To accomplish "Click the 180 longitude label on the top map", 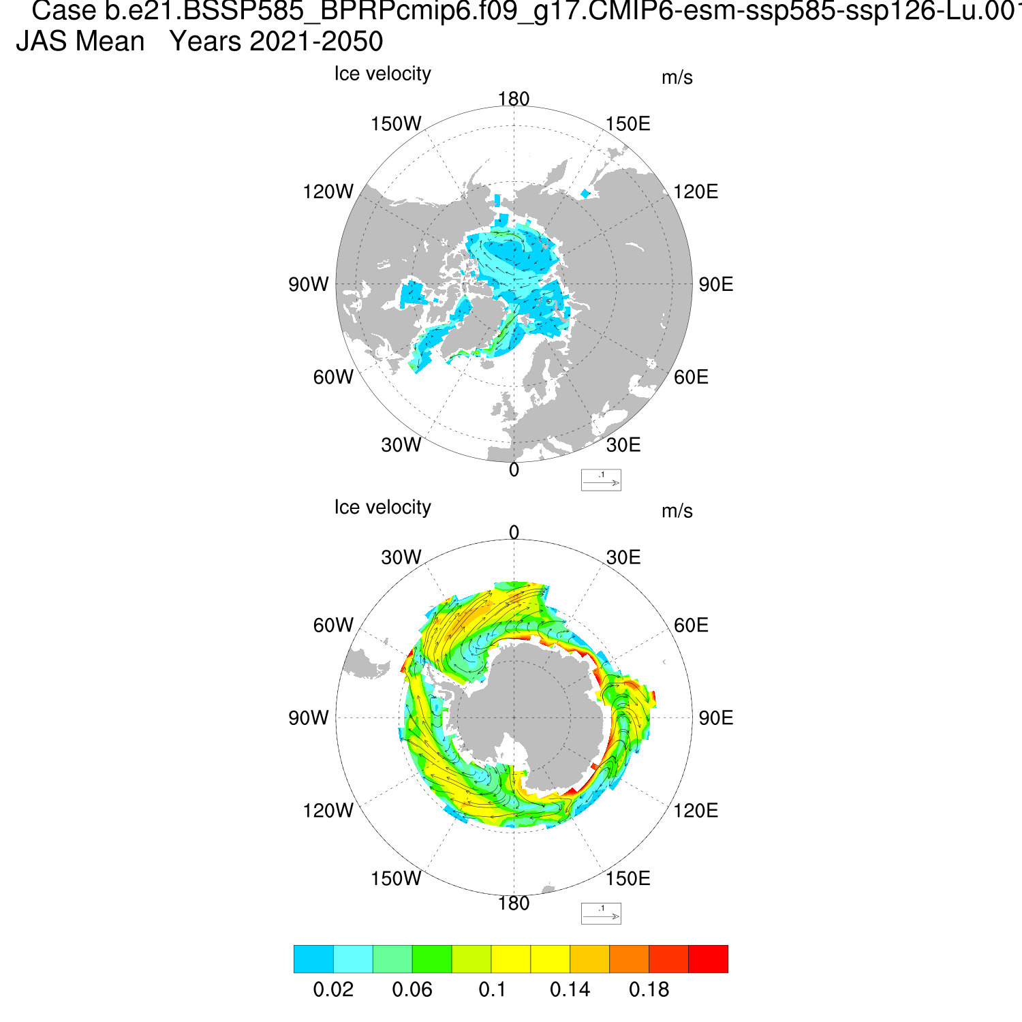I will coord(514,99).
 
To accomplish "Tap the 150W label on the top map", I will coord(396,124).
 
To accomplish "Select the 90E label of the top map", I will coord(716,285).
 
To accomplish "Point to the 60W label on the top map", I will coord(333,377).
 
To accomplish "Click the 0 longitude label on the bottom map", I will coord(514,532).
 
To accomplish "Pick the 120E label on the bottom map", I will coord(696,811).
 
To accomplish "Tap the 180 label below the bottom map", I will coord(514,903).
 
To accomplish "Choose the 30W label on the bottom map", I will coord(401,557).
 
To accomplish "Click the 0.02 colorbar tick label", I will coord(333,989).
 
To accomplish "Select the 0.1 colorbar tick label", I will coord(492,989).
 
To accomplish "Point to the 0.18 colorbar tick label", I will coord(649,989).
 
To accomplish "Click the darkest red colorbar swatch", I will coord(709,959).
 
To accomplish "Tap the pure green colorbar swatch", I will coord(432,959).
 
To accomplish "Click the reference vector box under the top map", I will coord(601,480).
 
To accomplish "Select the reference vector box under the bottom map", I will coord(601,913).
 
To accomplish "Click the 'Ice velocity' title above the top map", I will coord(382,74).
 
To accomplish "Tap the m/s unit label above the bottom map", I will coord(677,511).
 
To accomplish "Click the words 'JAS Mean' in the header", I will coord(80,42).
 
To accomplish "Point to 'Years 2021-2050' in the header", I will coord(276,42).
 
